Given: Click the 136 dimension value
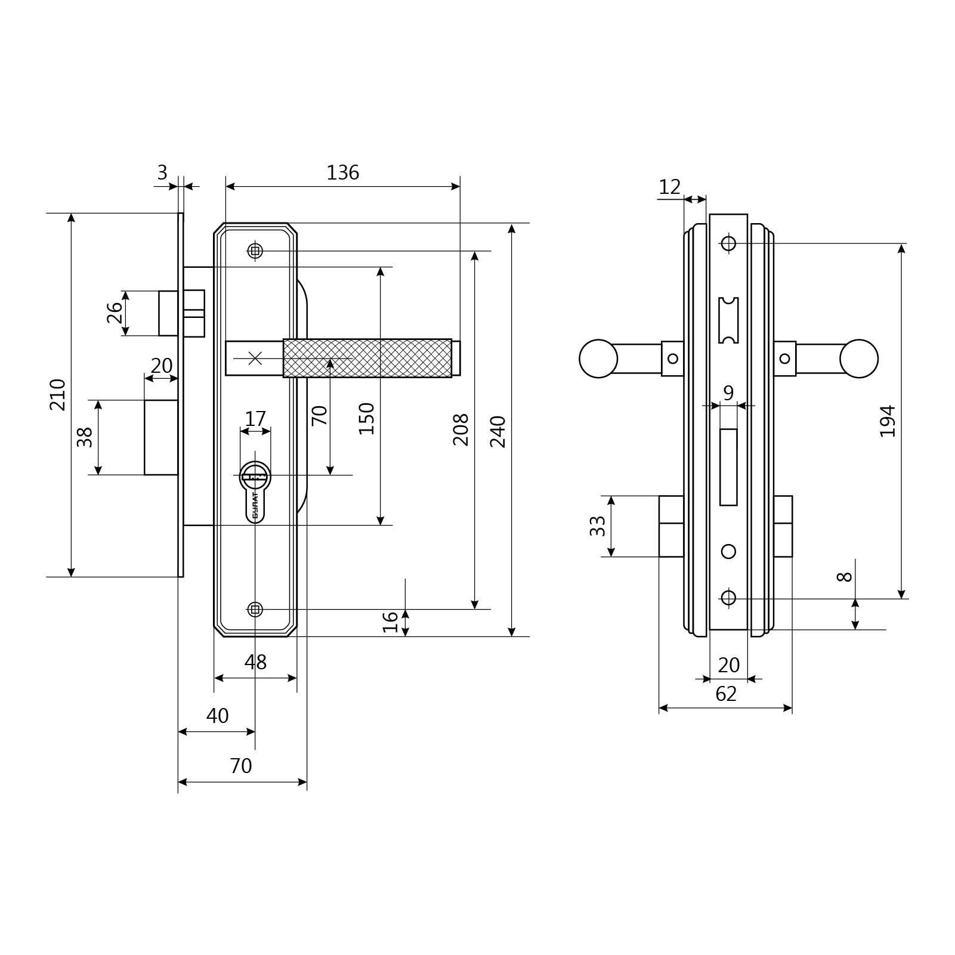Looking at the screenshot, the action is (x=343, y=172).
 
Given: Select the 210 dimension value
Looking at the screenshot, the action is (x=58, y=394).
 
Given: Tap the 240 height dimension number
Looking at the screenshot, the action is (x=497, y=431).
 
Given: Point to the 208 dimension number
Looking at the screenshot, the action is (x=460, y=429).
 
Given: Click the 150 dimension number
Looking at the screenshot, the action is (x=366, y=419).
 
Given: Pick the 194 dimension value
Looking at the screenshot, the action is (x=888, y=421).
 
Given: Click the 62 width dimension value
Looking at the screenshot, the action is (x=726, y=694).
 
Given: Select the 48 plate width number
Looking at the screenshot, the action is (x=255, y=662).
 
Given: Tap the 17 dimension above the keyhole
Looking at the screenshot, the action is (x=255, y=419).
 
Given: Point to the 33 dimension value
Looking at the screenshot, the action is (x=597, y=526).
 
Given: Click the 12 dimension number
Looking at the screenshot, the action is (x=669, y=187).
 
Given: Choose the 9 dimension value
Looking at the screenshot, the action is (x=728, y=393).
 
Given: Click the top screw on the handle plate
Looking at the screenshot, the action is (x=255, y=251).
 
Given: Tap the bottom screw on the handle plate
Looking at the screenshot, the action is (x=255, y=610).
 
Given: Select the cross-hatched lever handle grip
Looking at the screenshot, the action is (x=367, y=358).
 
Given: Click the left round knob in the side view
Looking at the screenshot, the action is (x=598, y=358).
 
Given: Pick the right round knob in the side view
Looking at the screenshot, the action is (x=859, y=358).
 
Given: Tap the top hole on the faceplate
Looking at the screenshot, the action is (x=728, y=243).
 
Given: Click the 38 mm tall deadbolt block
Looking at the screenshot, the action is (x=162, y=437).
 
